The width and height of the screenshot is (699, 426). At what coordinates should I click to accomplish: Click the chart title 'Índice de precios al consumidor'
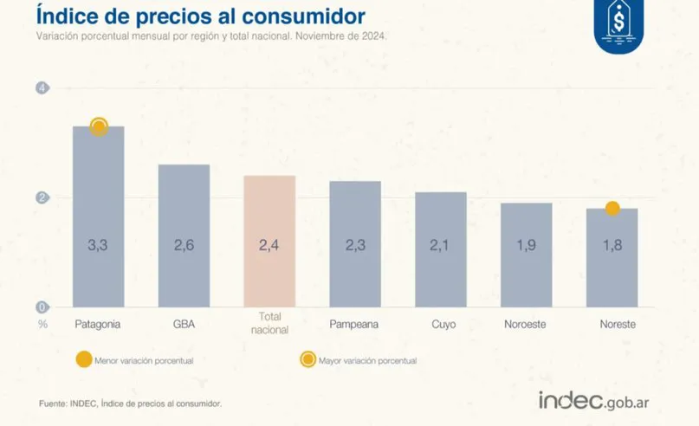click(x=200, y=16)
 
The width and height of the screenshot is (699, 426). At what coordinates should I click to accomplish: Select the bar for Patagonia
click(x=98, y=216)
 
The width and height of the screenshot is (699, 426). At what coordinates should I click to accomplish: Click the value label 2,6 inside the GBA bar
click(x=184, y=245)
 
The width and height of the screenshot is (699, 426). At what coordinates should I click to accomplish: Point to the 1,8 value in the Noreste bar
click(x=612, y=245)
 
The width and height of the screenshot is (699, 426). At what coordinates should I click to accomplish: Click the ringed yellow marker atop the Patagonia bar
click(x=99, y=127)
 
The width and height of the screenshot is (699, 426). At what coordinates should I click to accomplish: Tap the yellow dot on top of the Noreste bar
click(x=612, y=209)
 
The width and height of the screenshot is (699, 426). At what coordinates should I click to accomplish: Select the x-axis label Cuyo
click(x=441, y=325)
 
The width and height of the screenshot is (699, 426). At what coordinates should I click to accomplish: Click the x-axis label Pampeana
click(x=355, y=325)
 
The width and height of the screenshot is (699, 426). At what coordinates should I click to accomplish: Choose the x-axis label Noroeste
click(x=527, y=325)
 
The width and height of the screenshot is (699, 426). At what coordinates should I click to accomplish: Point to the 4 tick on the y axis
click(x=41, y=87)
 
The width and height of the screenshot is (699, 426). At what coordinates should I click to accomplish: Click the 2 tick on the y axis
click(x=41, y=197)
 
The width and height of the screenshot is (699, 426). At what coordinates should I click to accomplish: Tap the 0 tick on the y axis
click(x=41, y=307)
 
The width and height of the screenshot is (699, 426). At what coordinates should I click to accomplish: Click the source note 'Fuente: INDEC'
click(x=131, y=403)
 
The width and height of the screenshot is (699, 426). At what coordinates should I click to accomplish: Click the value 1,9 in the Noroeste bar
click(x=526, y=245)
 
